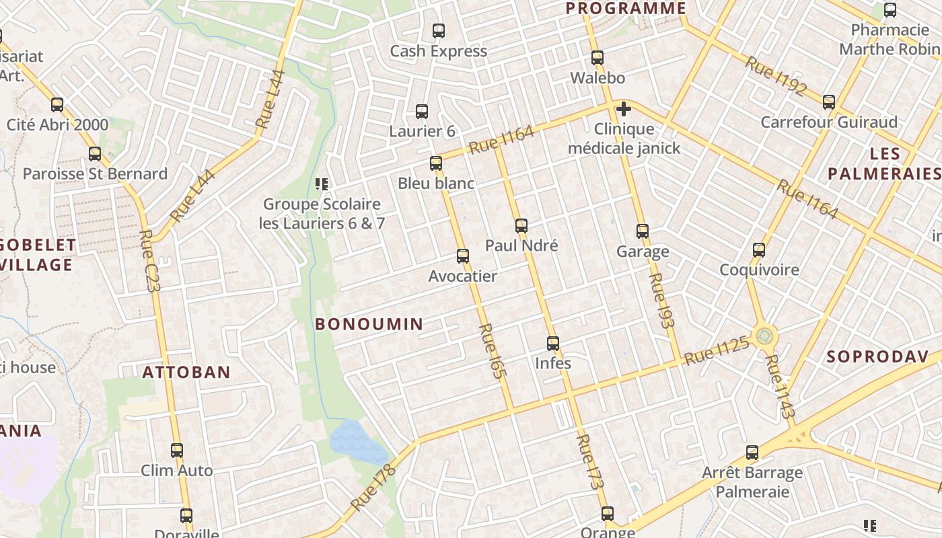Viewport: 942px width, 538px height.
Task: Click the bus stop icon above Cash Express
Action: coord(439,31)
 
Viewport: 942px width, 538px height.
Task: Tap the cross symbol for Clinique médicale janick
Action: coord(624,108)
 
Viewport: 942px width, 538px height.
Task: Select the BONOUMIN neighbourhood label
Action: coord(369,324)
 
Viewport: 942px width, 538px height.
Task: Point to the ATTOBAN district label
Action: coord(186,372)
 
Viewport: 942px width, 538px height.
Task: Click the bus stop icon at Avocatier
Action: coord(462,256)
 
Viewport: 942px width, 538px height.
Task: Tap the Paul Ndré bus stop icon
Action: coord(521,226)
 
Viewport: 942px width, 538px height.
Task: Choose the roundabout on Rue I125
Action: coord(764,335)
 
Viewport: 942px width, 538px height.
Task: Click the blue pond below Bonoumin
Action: coord(357,441)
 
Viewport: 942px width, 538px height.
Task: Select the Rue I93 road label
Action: coord(661,300)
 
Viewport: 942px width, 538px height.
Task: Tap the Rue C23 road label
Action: coord(149,260)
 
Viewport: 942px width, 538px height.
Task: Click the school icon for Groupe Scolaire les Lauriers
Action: coord(322,184)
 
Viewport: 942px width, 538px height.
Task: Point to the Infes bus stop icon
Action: coord(552,344)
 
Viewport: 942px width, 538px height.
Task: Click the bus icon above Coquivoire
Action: coord(759,250)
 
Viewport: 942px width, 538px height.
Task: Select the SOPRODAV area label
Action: coord(877,356)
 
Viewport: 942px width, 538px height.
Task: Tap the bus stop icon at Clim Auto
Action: coord(177,451)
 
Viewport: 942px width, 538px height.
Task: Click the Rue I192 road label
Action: coord(775,76)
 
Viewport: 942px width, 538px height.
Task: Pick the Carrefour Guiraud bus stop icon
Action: coord(829,102)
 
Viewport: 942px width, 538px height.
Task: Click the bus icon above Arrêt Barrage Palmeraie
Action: coord(752,453)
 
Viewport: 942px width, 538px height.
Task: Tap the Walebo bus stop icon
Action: coord(597,58)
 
